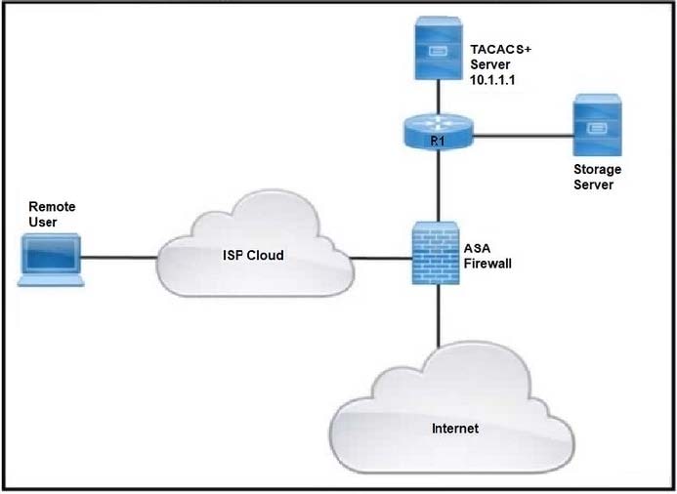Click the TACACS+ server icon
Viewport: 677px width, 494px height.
pyautogui.click(x=438, y=48)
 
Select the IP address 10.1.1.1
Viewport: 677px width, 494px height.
pyautogui.click(x=492, y=80)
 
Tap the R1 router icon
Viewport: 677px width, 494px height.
pyautogui.click(x=439, y=132)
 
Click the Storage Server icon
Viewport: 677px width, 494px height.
pyautogui.click(x=598, y=125)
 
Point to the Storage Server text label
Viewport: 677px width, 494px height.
pyautogui.click(x=597, y=177)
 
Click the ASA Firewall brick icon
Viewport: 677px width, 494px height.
pyautogui.click(x=436, y=253)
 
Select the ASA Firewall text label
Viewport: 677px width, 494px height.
pyautogui.click(x=487, y=256)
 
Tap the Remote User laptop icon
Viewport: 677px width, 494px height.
pyautogui.click(x=51, y=260)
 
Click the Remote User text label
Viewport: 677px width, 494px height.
pyautogui.click(x=52, y=214)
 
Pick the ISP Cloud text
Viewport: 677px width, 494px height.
pyautogui.click(x=253, y=255)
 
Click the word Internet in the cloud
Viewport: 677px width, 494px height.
pyautogui.click(x=455, y=429)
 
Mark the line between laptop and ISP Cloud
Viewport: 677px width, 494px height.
pyautogui.click(x=119, y=258)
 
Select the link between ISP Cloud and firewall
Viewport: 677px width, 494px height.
pyautogui.click(x=380, y=259)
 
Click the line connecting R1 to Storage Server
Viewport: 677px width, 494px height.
pyautogui.click(x=524, y=136)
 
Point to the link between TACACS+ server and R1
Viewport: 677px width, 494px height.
pyautogui.click(x=438, y=97)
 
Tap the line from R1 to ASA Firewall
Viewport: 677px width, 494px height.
pyautogui.click(x=439, y=185)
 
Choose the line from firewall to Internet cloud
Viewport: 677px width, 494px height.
pyautogui.click(x=439, y=315)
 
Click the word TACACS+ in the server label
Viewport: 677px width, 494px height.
pyautogui.click(x=501, y=49)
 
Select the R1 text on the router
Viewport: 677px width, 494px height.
pyautogui.click(x=438, y=142)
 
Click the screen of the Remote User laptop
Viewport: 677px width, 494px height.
pyautogui.click(x=52, y=255)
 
